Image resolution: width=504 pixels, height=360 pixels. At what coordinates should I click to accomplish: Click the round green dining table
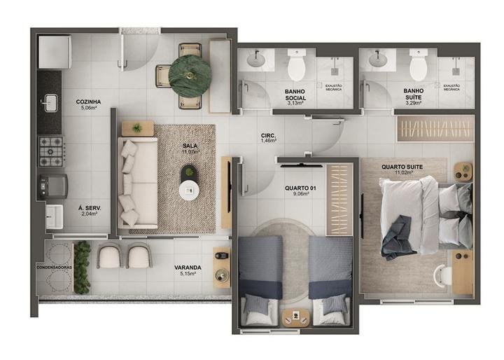click(189, 72)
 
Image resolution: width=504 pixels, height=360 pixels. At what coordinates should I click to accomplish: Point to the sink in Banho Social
click(257, 60)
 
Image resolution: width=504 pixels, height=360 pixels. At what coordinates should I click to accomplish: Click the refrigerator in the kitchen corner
click(52, 50)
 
